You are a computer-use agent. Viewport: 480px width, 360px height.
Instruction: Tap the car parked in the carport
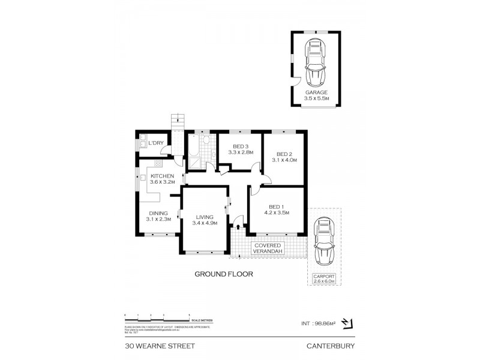tap(324, 242)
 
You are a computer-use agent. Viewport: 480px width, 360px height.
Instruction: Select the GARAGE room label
tap(316, 92)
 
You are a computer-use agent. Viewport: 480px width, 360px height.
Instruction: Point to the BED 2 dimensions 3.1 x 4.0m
tap(284, 160)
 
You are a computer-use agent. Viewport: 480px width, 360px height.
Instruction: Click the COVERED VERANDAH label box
tap(268, 249)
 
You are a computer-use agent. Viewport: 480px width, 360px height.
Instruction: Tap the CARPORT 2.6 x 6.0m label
tap(324, 278)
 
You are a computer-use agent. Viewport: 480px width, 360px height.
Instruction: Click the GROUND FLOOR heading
tap(223, 274)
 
